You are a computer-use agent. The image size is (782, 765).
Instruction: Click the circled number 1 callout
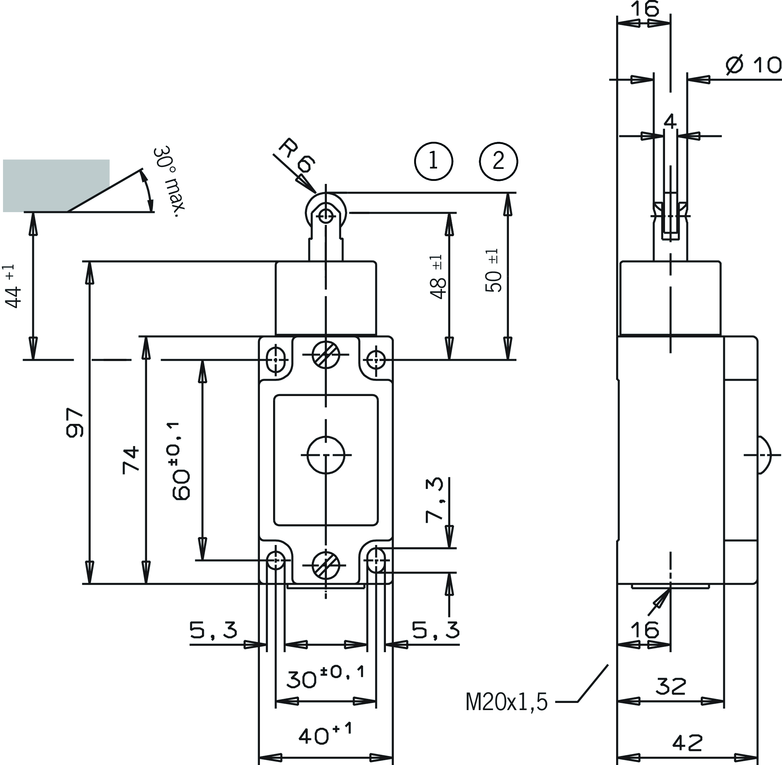[434, 161]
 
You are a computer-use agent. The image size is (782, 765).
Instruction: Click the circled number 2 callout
[498, 161]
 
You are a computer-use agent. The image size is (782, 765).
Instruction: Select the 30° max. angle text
[169, 182]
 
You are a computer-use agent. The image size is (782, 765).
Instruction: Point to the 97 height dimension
[75, 423]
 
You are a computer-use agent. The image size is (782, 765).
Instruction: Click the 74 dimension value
[131, 460]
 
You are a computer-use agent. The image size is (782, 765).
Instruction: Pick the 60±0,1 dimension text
[181, 461]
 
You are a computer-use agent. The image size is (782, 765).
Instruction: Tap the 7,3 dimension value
[434, 500]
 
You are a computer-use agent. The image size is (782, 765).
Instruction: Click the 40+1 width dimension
[325, 735]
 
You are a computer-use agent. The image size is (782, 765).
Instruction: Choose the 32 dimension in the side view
[671, 687]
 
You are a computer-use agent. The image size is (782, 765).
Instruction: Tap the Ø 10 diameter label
[753, 65]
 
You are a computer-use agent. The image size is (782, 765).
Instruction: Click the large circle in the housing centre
[326, 455]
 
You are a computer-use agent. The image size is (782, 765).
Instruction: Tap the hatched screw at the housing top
[326, 355]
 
